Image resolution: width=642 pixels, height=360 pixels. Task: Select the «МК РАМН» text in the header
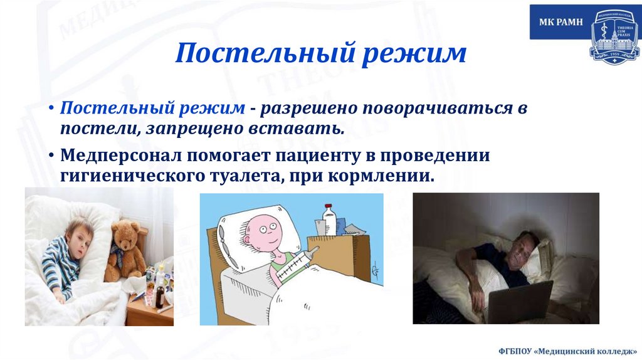560,22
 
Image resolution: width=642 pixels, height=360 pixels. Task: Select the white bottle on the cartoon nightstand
329,220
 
